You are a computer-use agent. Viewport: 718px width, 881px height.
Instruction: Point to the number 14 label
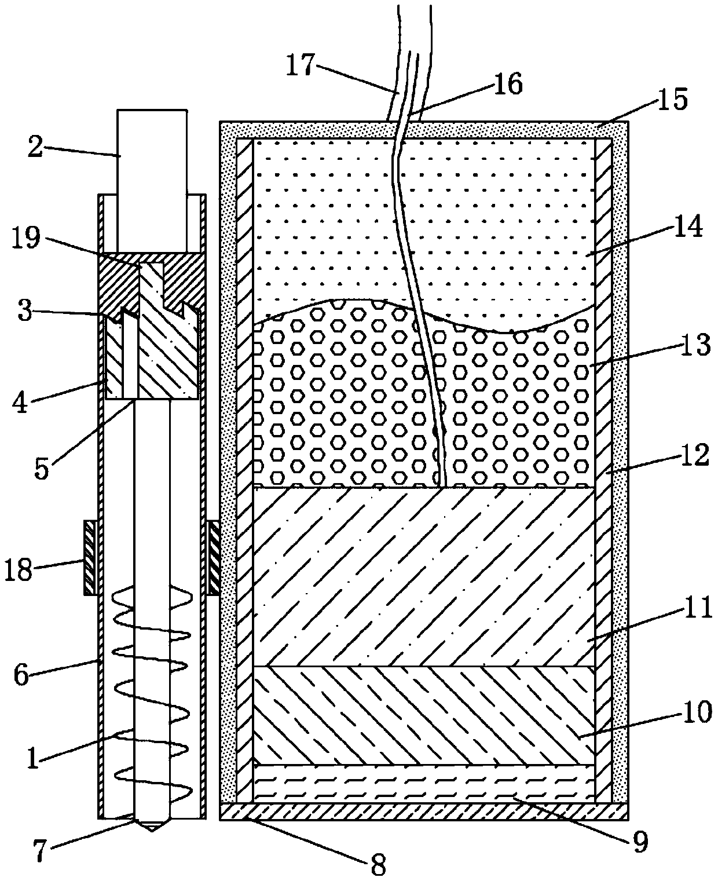[687, 226]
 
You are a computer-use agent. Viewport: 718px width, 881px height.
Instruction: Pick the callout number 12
[694, 457]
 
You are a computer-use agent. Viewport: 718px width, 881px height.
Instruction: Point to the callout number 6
[23, 675]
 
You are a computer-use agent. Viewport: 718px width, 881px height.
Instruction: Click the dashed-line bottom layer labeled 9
[424, 783]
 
